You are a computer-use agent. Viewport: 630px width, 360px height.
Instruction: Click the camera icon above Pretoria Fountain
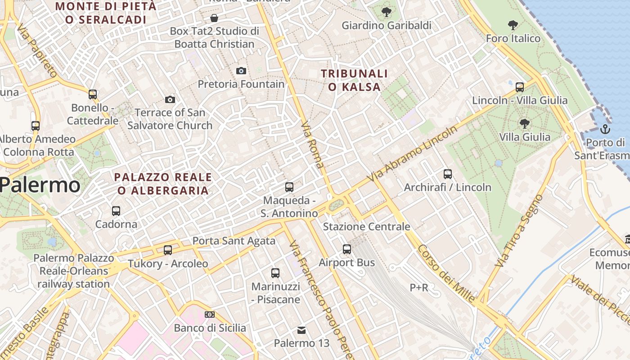coord(241,71)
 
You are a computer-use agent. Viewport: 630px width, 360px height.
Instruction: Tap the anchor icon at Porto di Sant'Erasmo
coord(605,130)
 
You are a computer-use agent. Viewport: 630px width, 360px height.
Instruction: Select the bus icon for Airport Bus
coord(346,249)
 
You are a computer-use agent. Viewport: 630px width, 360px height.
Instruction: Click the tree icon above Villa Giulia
coord(524,123)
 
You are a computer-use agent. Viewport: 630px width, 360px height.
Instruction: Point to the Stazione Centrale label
coord(366,226)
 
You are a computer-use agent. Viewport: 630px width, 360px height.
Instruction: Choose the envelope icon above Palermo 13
coord(301,330)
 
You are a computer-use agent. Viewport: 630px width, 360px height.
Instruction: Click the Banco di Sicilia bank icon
coord(210,315)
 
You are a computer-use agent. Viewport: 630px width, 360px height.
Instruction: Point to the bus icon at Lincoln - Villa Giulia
coord(520,87)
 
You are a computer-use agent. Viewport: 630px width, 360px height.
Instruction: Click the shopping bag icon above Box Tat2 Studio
coord(214,18)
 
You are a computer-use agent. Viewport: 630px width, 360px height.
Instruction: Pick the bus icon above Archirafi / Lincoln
coord(447,174)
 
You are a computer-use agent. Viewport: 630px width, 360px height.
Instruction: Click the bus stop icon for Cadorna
coord(116,211)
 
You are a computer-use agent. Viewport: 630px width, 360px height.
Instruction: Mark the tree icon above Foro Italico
coord(513,25)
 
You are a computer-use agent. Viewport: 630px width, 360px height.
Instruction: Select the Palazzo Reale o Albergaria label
coord(163,184)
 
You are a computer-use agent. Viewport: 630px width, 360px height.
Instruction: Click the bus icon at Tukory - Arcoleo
coord(168,250)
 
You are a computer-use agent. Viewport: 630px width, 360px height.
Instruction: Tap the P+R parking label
coord(418,287)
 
